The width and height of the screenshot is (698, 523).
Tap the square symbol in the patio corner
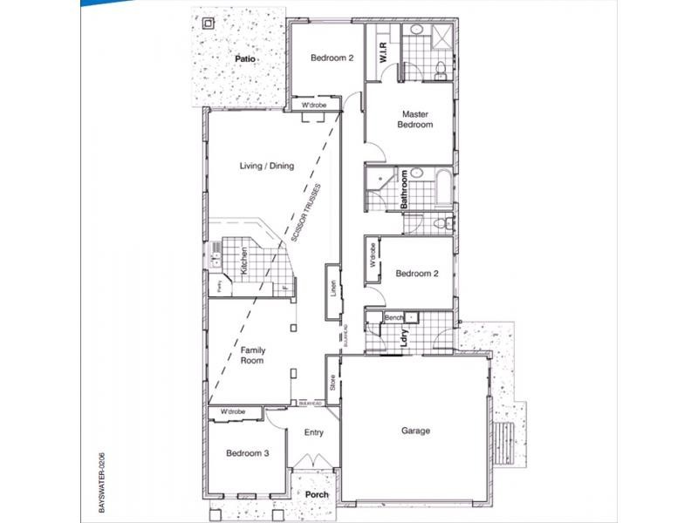207,24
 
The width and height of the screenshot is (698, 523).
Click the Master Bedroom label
415,119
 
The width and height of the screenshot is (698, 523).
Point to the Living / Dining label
267,166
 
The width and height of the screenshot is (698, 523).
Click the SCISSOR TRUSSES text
307,214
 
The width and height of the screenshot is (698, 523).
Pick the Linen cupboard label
333,289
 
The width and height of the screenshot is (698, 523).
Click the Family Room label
253,356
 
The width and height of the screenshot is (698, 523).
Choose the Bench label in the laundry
393,318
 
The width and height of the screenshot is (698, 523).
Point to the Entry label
313,432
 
